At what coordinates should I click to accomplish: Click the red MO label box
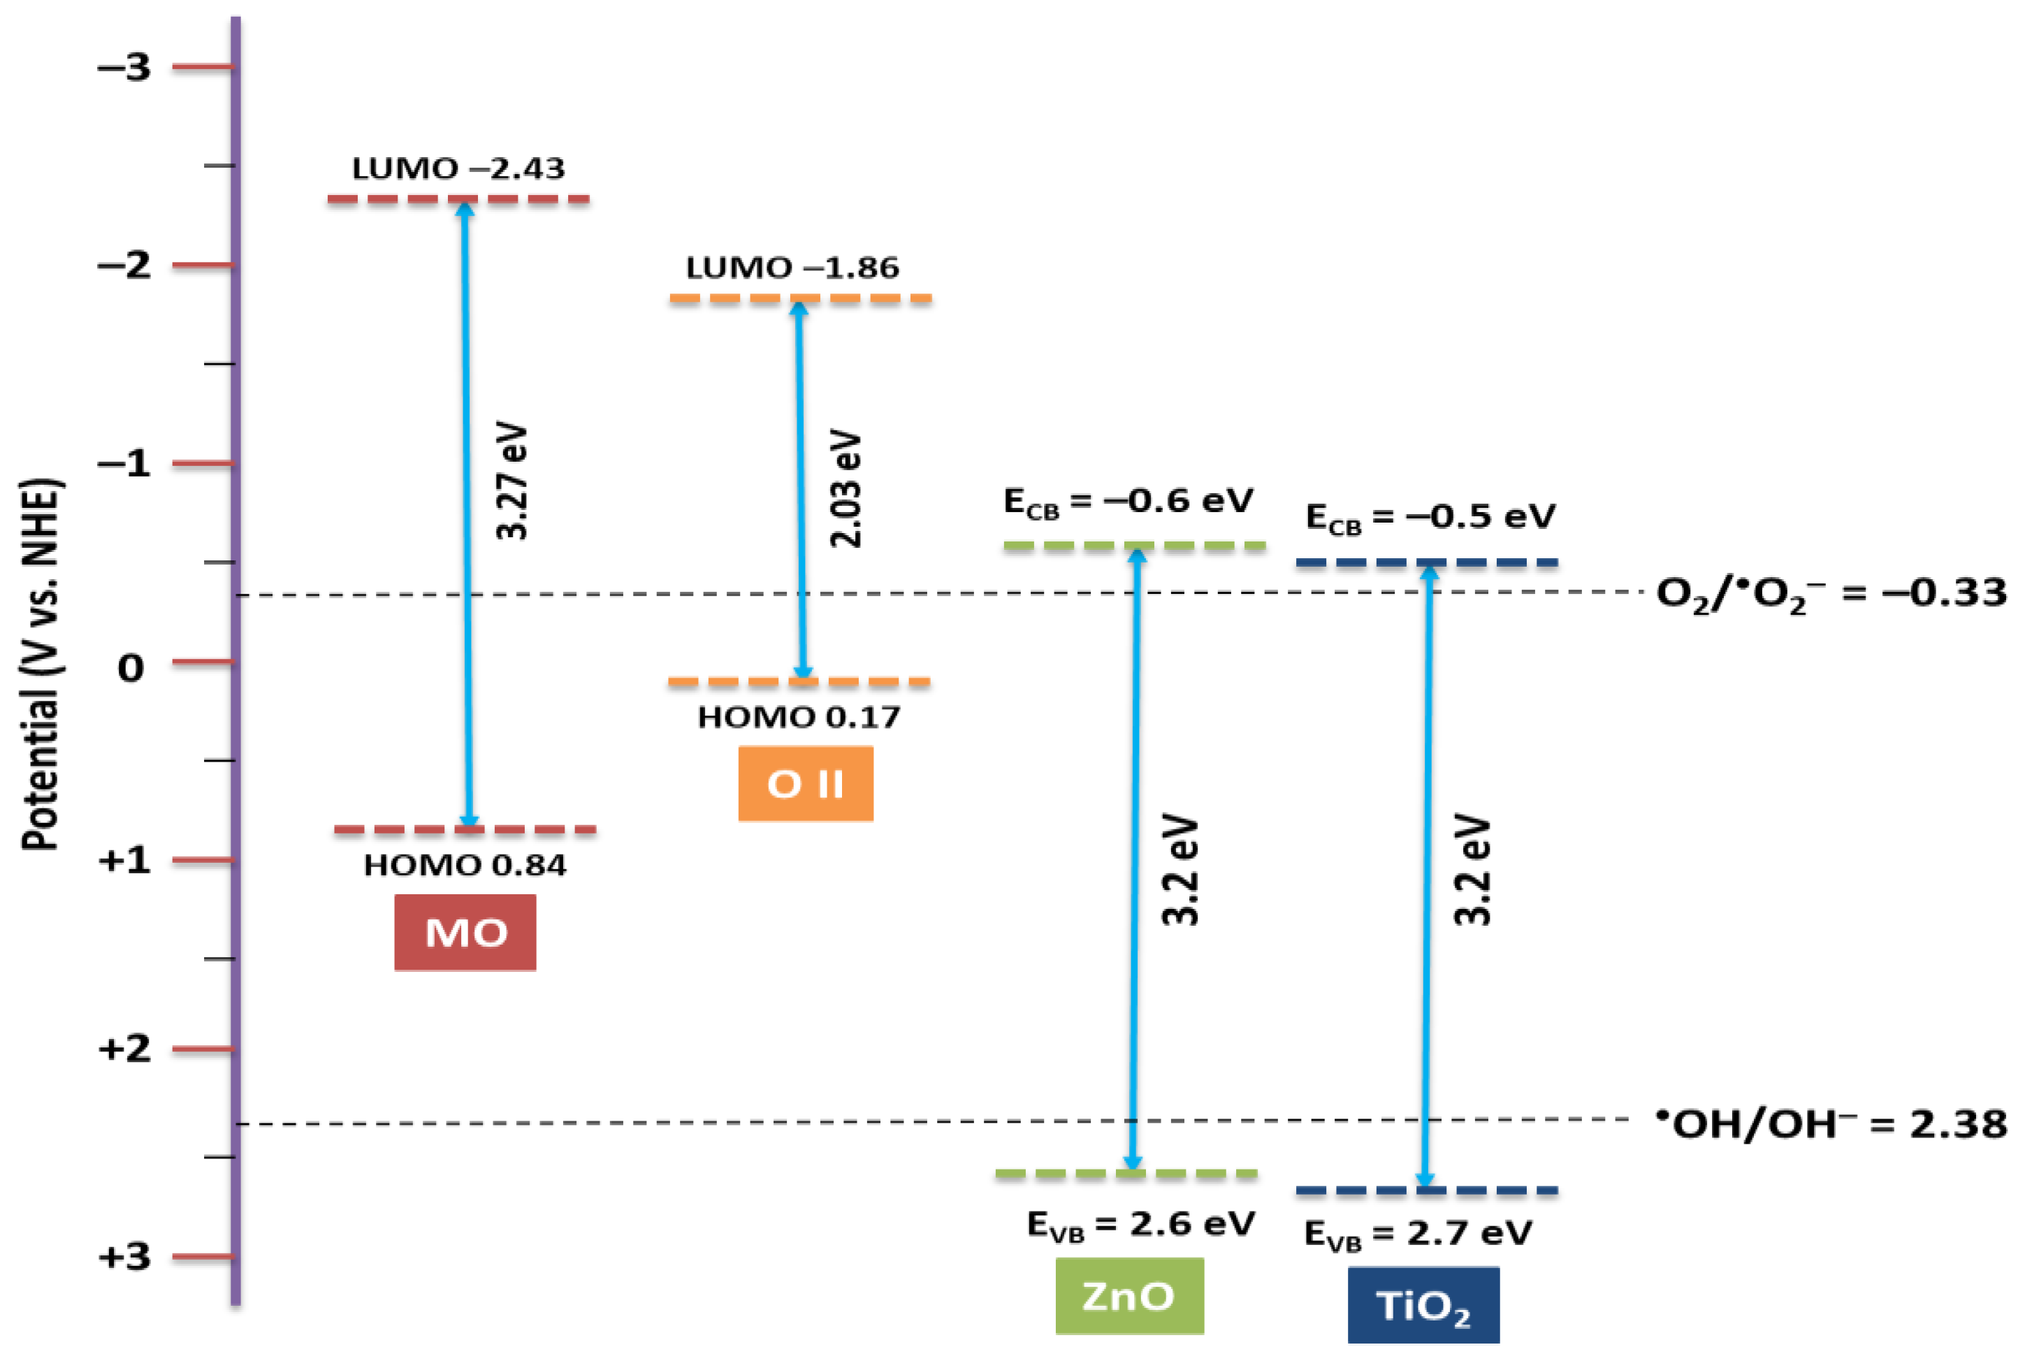point(465,932)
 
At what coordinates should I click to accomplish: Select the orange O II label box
point(806,784)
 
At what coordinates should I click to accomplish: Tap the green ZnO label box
point(1129,1296)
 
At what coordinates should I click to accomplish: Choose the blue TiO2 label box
point(1423,1305)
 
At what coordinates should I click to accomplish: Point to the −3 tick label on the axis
point(124,67)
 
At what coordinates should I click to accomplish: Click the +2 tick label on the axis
point(124,1049)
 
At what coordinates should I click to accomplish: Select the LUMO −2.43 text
point(458,168)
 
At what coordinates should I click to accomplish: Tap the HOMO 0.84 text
point(465,866)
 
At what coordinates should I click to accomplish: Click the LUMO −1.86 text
point(792,268)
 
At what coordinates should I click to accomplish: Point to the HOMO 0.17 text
point(799,717)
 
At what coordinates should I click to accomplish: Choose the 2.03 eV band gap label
point(846,488)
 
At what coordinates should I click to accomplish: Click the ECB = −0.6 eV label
point(1128,502)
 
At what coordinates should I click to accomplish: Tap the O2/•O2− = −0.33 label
point(1831,594)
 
